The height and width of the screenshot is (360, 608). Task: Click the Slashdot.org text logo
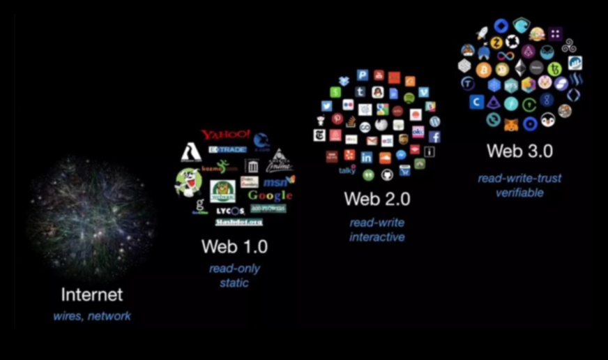tap(238, 222)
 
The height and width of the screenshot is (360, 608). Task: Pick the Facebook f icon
tap(434, 137)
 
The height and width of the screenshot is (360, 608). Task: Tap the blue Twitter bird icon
tap(327, 106)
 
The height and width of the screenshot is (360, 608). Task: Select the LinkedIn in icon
tap(367, 158)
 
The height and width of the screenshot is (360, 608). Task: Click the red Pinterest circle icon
tap(337, 119)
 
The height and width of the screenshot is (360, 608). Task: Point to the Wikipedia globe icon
tap(381, 124)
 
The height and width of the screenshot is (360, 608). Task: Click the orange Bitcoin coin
tap(484, 70)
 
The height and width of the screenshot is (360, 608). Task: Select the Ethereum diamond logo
tap(520, 68)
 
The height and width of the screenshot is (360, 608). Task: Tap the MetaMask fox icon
tap(511, 123)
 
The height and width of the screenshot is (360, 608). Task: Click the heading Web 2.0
tap(377, 199)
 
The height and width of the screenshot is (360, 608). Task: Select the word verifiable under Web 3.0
tap(519, 193)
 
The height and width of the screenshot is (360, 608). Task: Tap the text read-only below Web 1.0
tap(234, 269)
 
